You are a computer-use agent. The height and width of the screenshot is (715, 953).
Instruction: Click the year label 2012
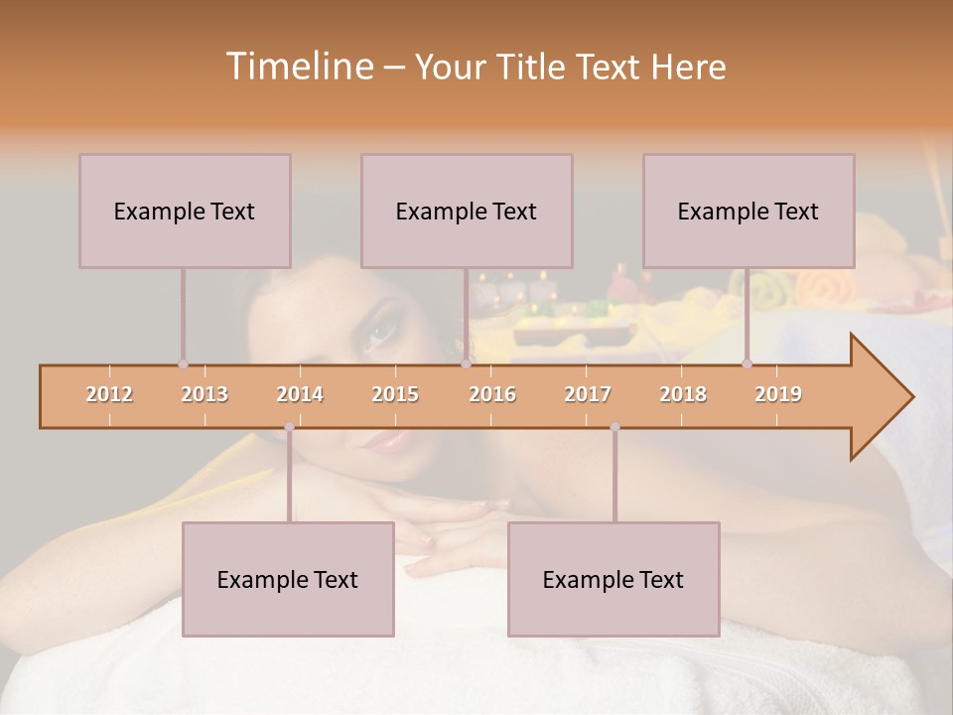coord(109,394)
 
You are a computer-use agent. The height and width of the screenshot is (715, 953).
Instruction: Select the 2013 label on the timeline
coord(204,394)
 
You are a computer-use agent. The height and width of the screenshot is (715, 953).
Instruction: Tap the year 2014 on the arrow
coord(300,394)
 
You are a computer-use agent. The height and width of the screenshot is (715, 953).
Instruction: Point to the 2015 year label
coord(395,394)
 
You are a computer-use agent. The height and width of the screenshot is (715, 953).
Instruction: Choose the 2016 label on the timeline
coord(492,394)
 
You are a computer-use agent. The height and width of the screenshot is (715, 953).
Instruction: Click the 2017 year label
coord(588,394)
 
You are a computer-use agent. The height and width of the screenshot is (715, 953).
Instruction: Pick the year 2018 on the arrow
coord(683,394)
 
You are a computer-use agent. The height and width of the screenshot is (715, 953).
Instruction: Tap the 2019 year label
coord(778,394)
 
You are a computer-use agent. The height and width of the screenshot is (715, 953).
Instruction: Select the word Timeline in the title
coord(297,67)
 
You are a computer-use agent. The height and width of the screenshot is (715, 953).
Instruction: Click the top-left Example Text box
coord(185,211)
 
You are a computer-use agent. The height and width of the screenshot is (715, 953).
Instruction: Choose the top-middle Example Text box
coord(467,211)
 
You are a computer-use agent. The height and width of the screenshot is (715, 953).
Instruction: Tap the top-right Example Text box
coord(749,211)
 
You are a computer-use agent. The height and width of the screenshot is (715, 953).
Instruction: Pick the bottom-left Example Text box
coord(288,579)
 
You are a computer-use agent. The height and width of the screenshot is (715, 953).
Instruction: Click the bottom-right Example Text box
coord(613,579)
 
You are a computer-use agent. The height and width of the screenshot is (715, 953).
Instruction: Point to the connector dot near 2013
coord(183,364)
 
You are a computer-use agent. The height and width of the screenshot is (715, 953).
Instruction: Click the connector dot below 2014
coord(289,427)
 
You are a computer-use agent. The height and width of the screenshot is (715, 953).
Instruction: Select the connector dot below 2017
coord(614,427)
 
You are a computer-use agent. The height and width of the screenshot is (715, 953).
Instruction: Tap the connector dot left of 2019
coord(747,364)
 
